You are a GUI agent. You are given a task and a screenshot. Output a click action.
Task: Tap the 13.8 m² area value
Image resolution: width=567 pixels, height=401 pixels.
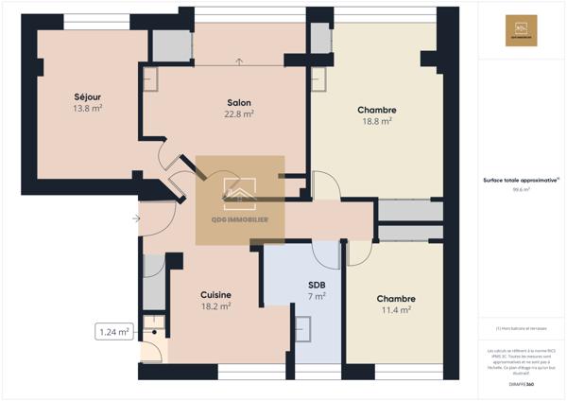pyautogui.click(x=87, y=109)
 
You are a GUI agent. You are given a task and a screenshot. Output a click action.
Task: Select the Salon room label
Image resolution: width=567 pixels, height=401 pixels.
pyautogui.click(x=238, y=102)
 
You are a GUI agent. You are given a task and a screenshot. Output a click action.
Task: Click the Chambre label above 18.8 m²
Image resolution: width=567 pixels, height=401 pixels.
pyautogui.click(x=376, y=110)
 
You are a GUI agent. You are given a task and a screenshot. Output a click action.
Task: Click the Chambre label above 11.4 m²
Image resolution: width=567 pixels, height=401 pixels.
pyautogui.click(x=395, y=299)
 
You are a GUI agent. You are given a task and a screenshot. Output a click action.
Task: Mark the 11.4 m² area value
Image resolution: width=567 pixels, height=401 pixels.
pyautogui.click(x=395, y=310)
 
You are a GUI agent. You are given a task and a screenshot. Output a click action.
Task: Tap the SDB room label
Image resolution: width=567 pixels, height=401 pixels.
pyautogui.click(x=318, y=285)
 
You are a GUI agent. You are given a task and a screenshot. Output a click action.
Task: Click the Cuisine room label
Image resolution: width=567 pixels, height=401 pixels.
pyautogui.click(x=215, y=295)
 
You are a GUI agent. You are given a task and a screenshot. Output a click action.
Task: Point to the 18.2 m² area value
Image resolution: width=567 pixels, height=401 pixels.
pyautogui.click(x=215, y=306)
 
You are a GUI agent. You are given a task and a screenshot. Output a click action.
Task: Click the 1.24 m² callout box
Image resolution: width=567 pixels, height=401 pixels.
pyautogui.click(x=114, y=332)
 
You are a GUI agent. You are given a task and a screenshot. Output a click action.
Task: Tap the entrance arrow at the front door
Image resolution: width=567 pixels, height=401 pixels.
pyautogui.click(x=138, y=219)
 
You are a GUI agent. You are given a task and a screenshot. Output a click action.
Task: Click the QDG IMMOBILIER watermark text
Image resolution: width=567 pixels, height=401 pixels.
pyautogui.click(x=239, y=219)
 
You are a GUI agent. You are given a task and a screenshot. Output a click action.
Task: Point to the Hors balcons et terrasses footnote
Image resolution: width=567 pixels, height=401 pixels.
pyautogui.click(x=521, y=328)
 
